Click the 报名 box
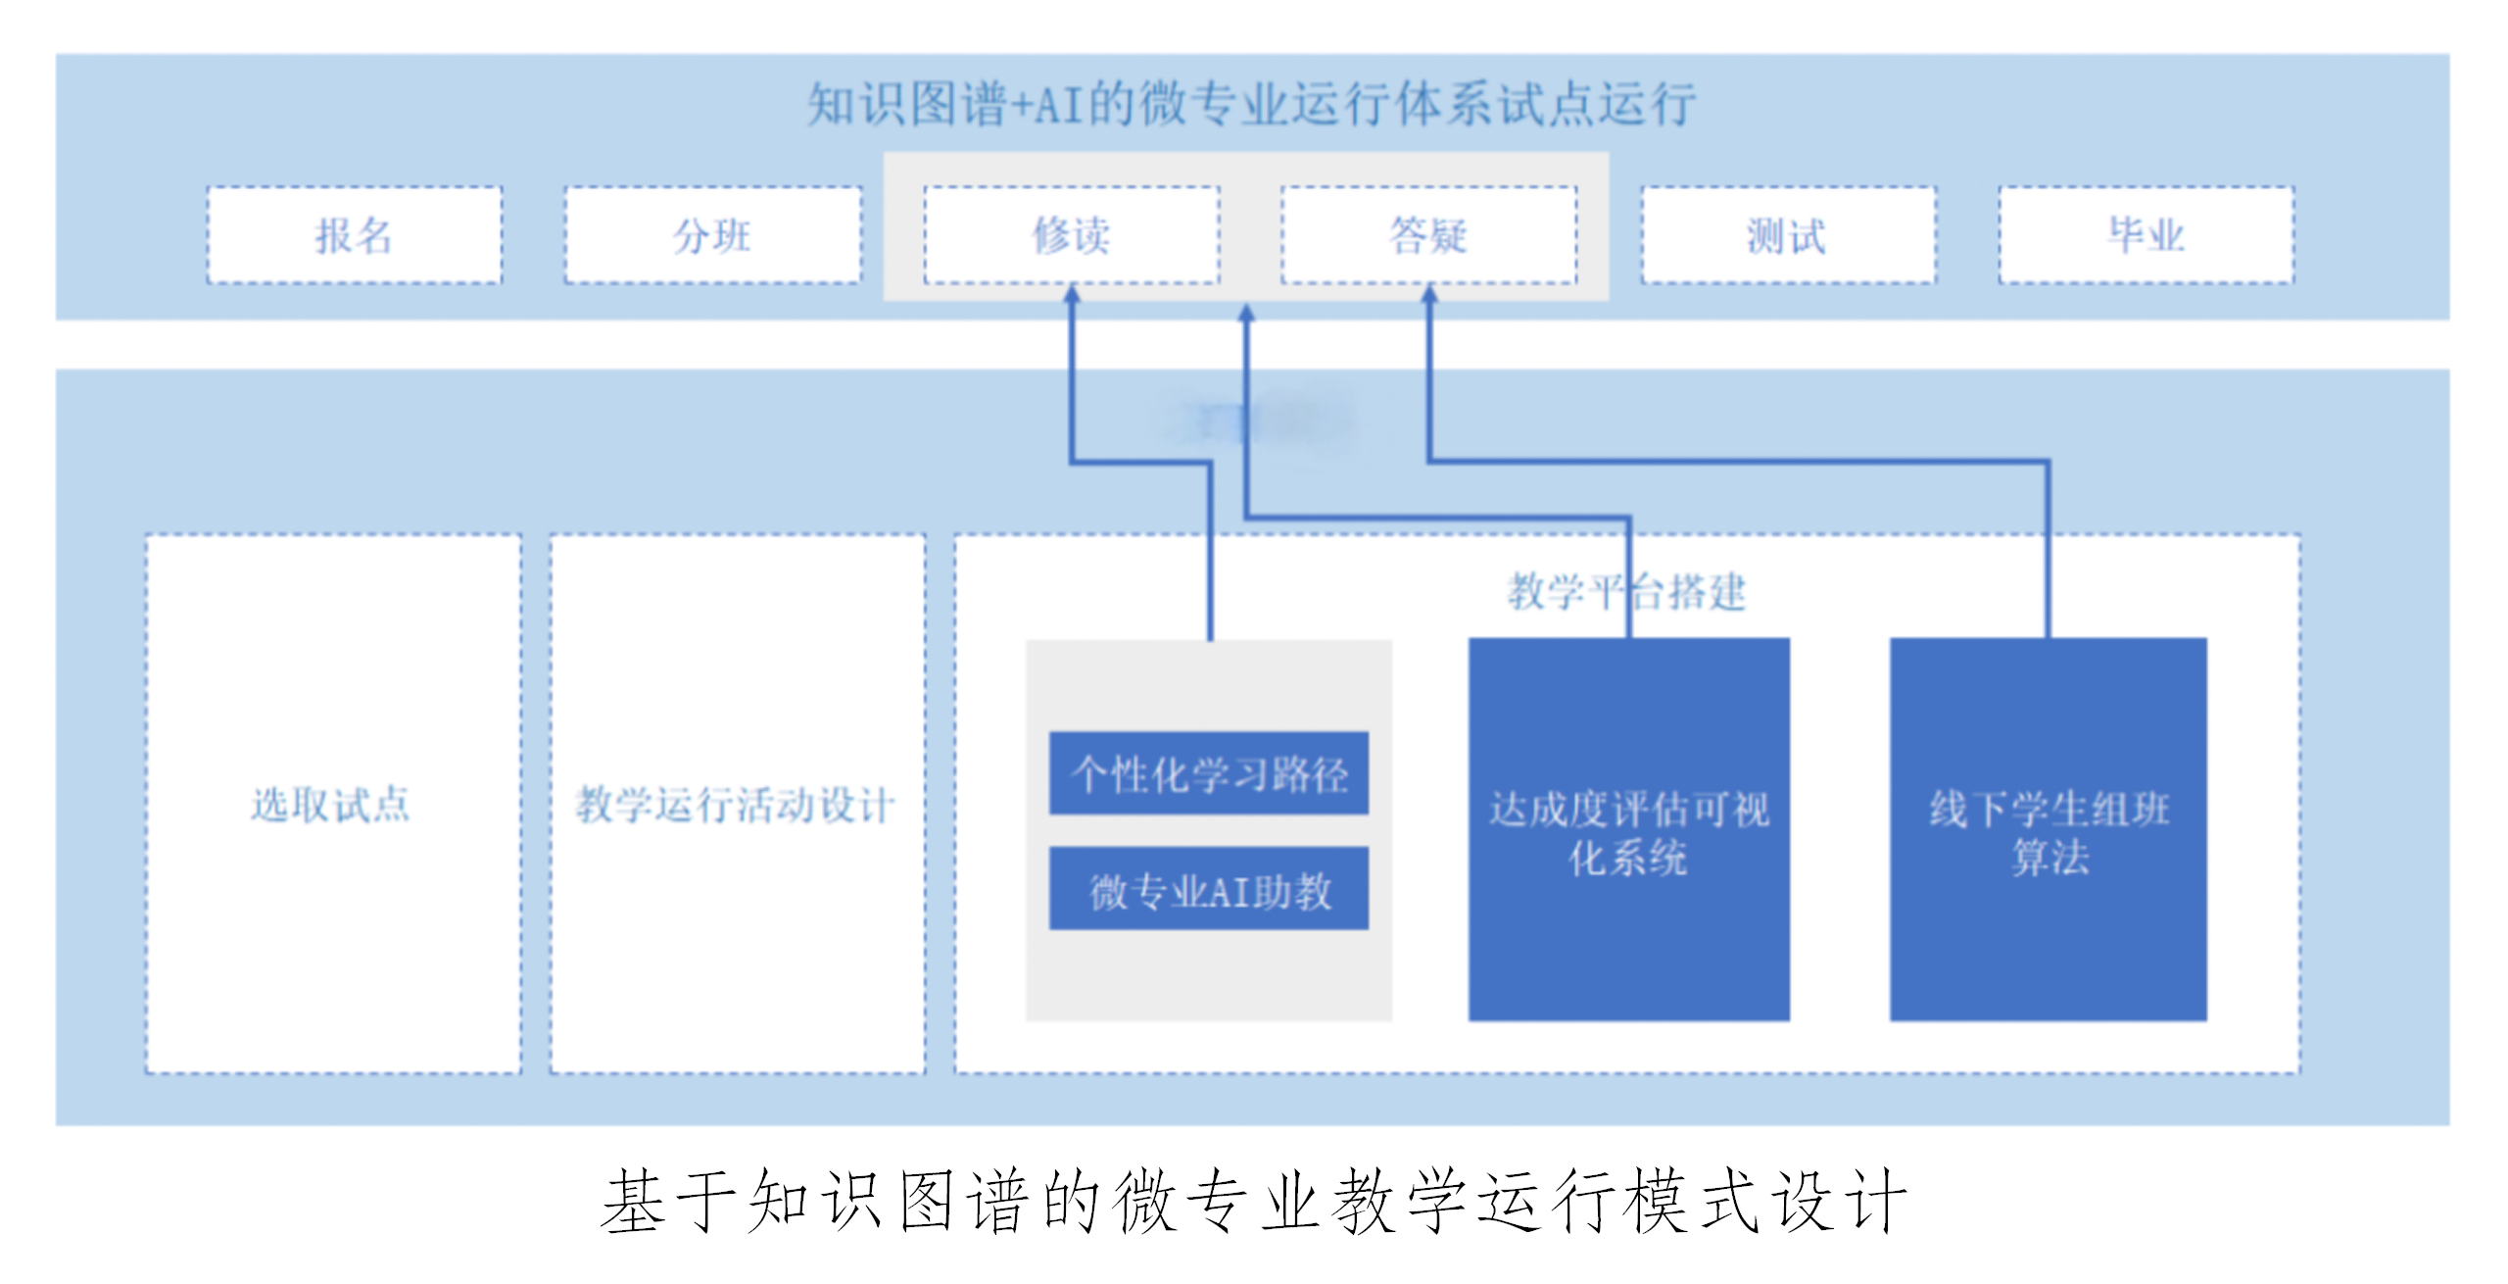point(354,235)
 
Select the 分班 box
point(712,235)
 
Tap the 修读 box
point(1071,235)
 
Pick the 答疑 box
point(1428,235)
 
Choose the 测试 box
point(1788,235)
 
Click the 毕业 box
point(2146,235)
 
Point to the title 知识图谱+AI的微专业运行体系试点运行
point(1251,104)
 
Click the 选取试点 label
point(331,805)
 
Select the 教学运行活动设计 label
point(736,805)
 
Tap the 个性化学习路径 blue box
point(1208,773)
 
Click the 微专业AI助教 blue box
point(1208,889)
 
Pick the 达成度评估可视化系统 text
point(1628,833)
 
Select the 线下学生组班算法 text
point(2049,833)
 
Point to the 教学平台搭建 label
point(1626,592)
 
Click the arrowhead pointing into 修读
point(1072,293)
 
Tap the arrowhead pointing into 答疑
point(1429,293)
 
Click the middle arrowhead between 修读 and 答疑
point(1246,313)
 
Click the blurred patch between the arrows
point(1259,422)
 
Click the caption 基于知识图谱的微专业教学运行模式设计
point(1253,1201)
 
